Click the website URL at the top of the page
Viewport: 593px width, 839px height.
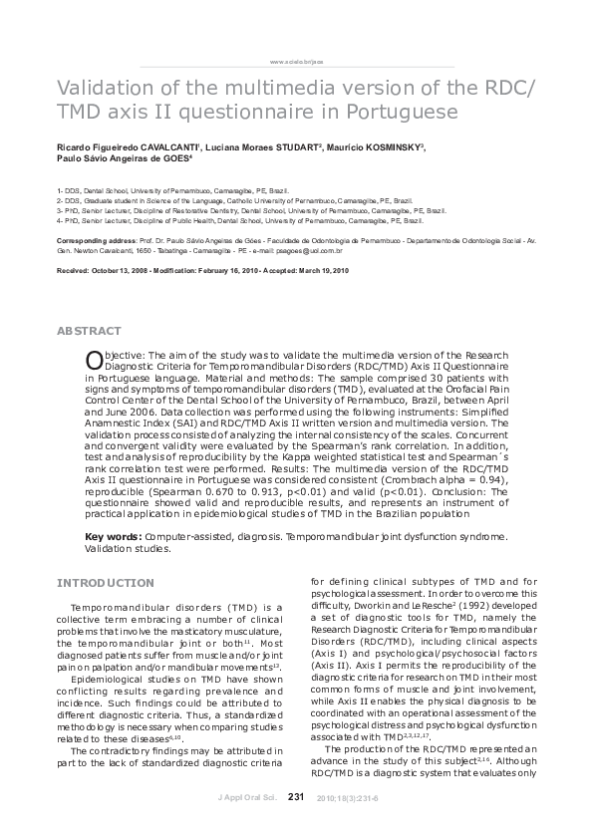coord(297,61)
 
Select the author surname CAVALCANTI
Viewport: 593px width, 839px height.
coord(164,146)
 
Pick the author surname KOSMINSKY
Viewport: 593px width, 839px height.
coord(387,146)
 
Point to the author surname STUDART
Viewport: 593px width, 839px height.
coord(290,146)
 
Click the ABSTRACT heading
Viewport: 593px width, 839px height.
coord(89,331)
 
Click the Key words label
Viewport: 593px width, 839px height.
coord(110,537)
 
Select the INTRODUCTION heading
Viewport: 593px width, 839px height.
coord(105,582)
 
